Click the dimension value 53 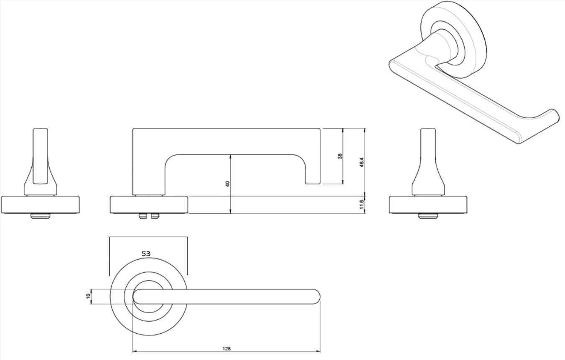coord(146,253)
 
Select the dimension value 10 coord(88,296)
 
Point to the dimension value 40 coord(228,184)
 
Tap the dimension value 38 coord(340,156)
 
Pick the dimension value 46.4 coord(361,162)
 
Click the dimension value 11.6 coord(361,204)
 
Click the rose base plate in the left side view coord(41,205)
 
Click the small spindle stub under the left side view coord(40,216)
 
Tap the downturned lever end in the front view coord(313,171)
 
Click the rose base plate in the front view coord(149,205)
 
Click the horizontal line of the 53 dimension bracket coord(148,237)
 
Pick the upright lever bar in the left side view coord(40,155)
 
